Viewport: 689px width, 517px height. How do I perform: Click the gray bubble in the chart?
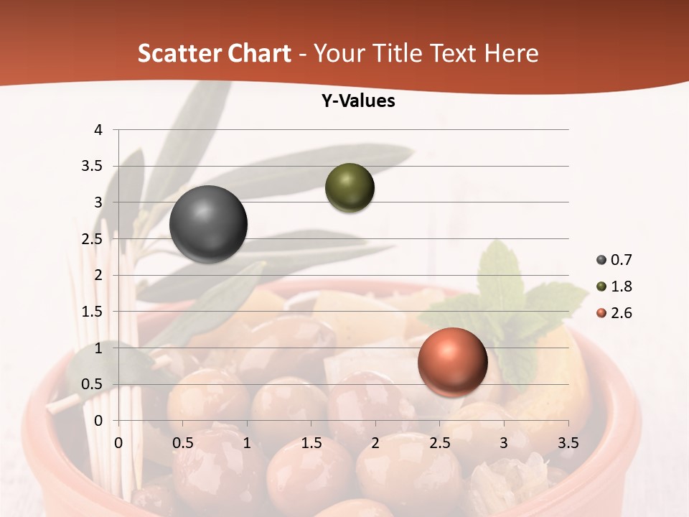[x=208, y=224]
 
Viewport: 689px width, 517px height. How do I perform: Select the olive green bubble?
[x=350, y=187]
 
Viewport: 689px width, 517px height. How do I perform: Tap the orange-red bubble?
[x=452, y=362]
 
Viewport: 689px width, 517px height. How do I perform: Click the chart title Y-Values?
[x=358, y=101]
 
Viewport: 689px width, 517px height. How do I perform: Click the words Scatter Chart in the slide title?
[x=214, y=53]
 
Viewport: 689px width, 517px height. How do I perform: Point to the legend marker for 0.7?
[x=601, y=260]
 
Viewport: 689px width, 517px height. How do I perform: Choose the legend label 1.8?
[x=621, y=287]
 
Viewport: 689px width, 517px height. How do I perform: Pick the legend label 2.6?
[x=621, y=313]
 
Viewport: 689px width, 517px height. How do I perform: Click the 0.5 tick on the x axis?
[x=182, y=443]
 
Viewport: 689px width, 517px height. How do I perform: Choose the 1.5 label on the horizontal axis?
[x=311, y=443]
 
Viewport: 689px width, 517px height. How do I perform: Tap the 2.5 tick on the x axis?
[x=439, y=443]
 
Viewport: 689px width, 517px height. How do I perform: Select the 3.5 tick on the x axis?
[x=568, y=443]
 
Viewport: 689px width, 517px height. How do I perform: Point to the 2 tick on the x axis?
[x=375, y=443]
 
